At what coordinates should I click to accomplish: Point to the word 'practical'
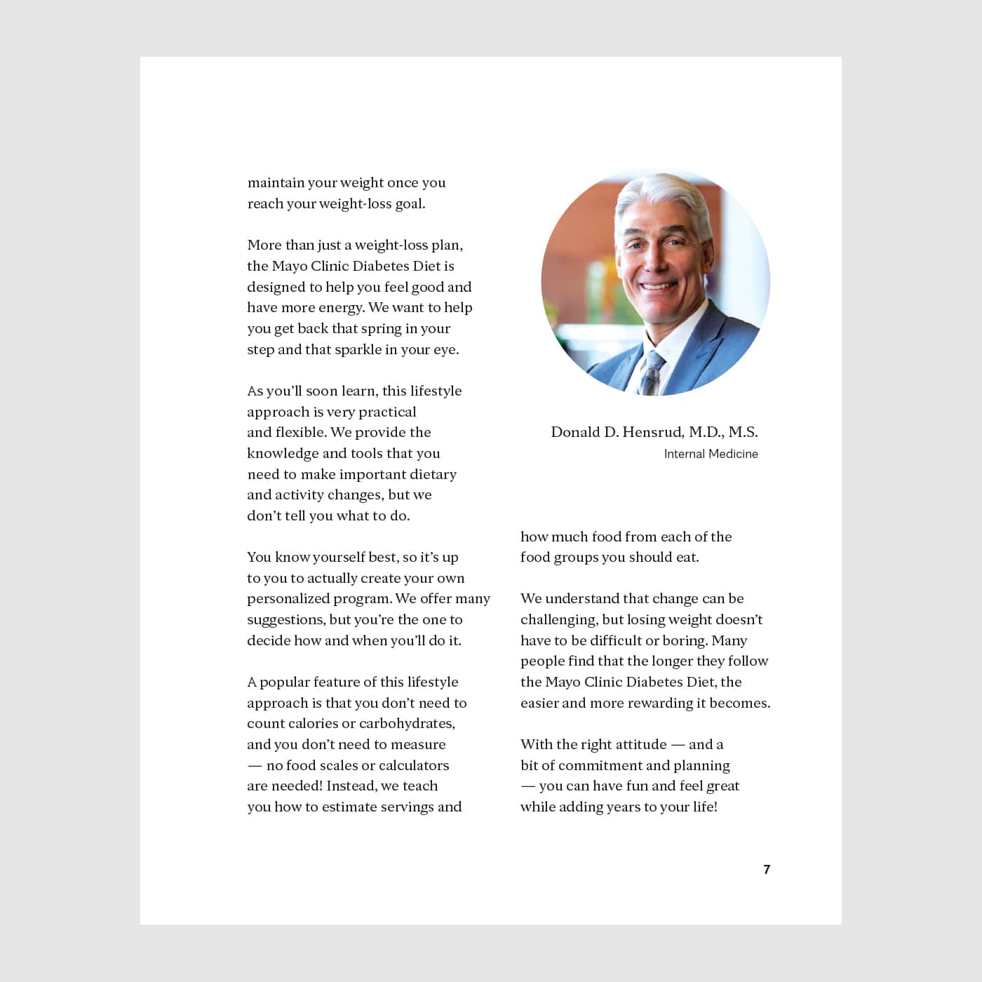(387, 412)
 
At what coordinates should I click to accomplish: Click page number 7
(767, 870)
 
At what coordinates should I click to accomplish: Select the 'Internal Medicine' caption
(711, 454)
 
